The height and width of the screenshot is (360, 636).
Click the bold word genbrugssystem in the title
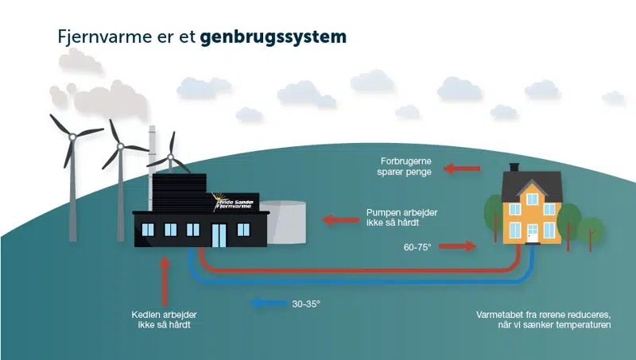(x=273, y=37)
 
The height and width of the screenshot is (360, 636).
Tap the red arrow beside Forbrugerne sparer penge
(x=462, y=168)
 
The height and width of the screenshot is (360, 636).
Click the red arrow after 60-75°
(x=457, y=247)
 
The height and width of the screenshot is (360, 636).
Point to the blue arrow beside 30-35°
(x=267, y=302)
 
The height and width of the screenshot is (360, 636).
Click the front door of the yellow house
(x=532, y=231)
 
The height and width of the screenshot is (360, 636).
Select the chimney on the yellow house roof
(x=514, y=168)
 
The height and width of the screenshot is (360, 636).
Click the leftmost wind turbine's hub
(x=72, y=137)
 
